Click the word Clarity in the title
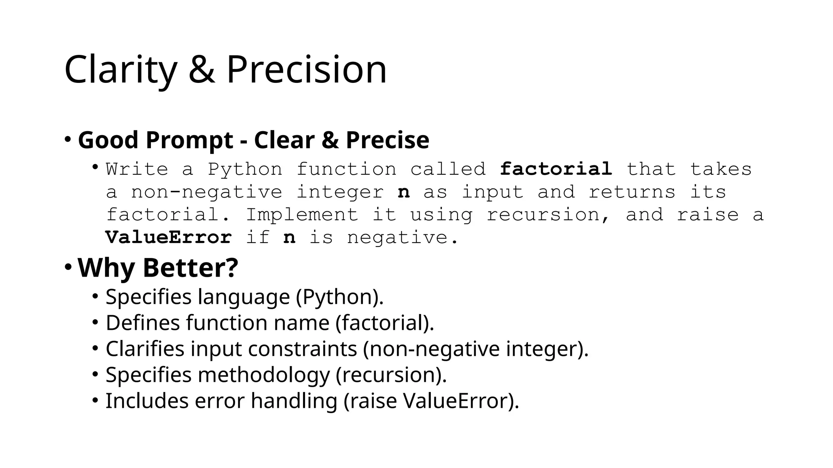120,70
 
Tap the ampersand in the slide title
201,70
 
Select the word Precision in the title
306,70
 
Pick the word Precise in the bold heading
387,140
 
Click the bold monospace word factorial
556,169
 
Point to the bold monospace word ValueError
168,237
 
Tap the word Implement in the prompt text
302,214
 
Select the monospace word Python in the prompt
245,169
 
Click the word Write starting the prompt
137,169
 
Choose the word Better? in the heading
190,268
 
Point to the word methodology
264,375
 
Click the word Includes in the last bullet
146,401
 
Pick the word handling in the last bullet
294,401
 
